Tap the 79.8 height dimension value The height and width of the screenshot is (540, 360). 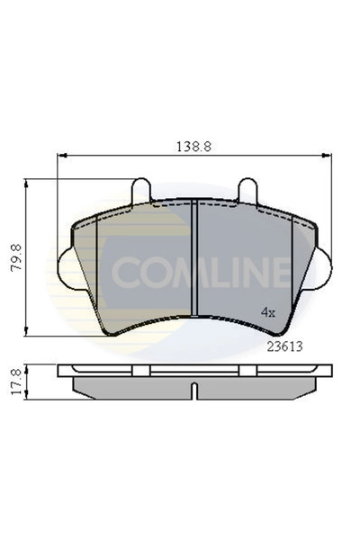15,257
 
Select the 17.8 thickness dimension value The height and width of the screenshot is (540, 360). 15,381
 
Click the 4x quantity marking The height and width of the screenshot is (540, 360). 267,311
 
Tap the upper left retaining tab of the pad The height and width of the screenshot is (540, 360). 141,191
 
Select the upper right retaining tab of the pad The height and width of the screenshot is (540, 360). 248,191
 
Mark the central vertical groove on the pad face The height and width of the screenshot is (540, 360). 195,261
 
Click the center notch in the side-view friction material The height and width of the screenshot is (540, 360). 194,391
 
